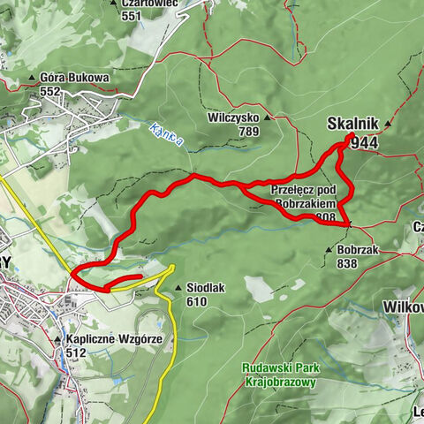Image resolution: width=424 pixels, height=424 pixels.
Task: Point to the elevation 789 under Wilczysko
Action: [247, 132]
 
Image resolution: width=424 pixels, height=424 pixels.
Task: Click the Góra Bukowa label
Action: [75, 78]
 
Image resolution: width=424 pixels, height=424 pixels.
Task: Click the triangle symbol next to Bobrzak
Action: [329, 249]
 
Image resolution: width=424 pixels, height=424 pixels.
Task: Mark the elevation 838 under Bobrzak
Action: [346, 263]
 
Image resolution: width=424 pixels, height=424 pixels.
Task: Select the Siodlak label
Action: [206, 288]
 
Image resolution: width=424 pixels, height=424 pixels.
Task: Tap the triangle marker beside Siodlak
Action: [178, 287]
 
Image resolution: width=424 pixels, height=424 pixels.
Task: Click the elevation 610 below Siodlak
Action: [197, 301]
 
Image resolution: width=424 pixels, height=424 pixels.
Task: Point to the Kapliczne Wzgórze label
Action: [98, 339]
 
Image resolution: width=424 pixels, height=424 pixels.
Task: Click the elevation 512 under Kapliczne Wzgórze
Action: [75, 352]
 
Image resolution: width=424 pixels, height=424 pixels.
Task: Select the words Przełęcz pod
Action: [304, 190]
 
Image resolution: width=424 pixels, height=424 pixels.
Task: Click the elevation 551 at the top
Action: [132, 16]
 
